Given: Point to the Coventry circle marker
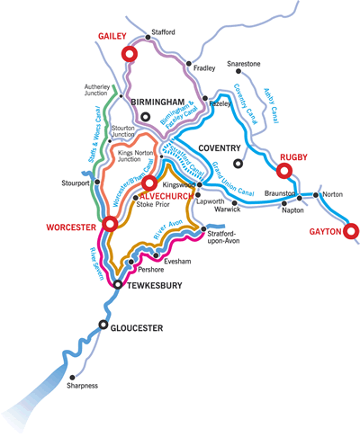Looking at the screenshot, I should (x=238, y=164).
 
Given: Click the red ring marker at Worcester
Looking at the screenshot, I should (x=111, y=223).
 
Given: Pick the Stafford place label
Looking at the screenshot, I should (x=163, y=32).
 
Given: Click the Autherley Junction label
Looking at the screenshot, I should (x=89, y=93).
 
